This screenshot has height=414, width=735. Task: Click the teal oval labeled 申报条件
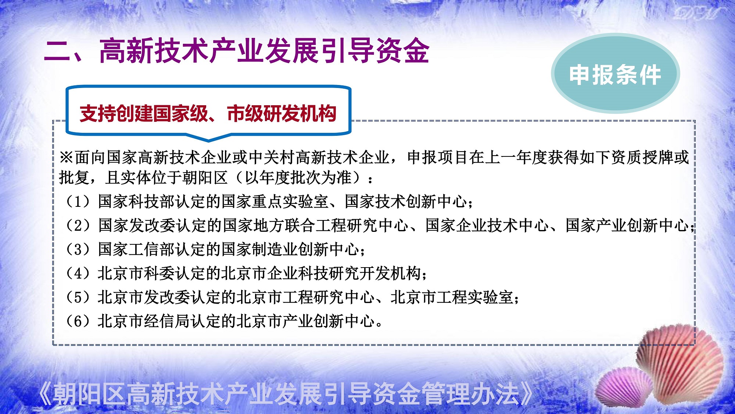coord(616,73)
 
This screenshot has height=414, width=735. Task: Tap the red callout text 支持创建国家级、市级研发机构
coord(208,113)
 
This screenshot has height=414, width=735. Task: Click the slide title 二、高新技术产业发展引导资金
coord(237,50)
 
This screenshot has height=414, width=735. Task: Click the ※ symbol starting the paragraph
coord(67,157)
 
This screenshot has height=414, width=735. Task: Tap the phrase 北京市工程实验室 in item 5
coord(452,297)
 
